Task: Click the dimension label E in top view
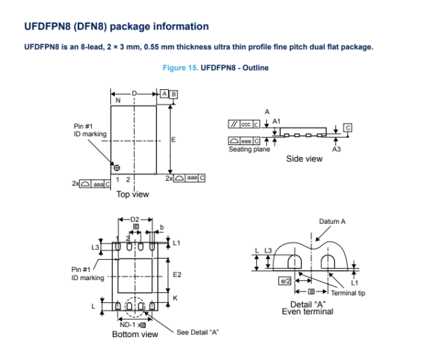(174, 140)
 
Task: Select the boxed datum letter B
(173, 95)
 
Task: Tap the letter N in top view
(118, 101)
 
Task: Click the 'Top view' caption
(132, 195)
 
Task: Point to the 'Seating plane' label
(249, 149)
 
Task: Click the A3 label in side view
(337, 149)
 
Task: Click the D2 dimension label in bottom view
(134, 220)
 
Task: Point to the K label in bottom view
(175, 297)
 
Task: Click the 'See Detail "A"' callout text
(198, 332)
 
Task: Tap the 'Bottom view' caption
(135, 334)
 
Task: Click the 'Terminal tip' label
(348, 293)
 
